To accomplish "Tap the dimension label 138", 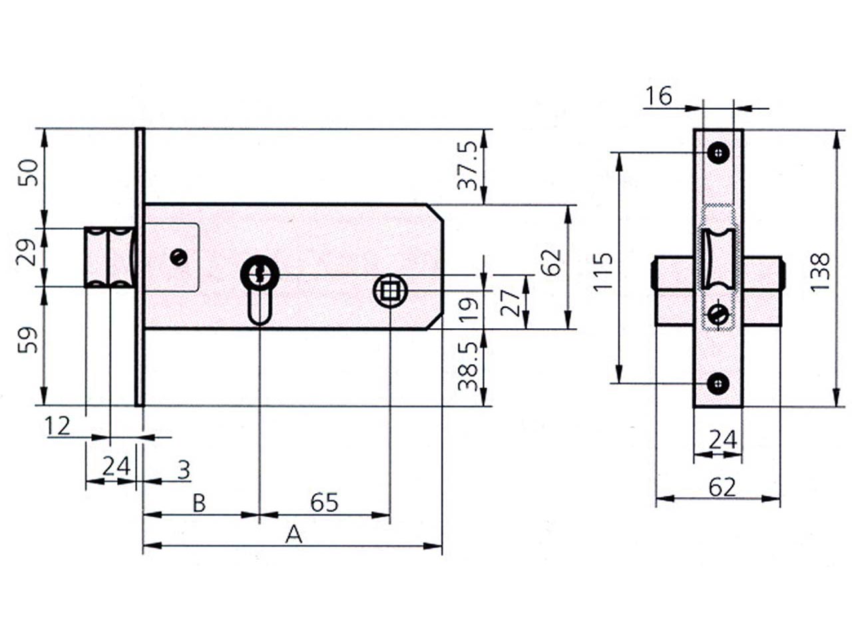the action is [820, 272].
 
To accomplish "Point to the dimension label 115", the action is [602, 272].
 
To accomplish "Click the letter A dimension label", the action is [294, 535].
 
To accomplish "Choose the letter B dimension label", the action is [199, 504].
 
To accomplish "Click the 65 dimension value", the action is [324, 503].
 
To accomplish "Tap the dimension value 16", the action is [659, 97].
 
